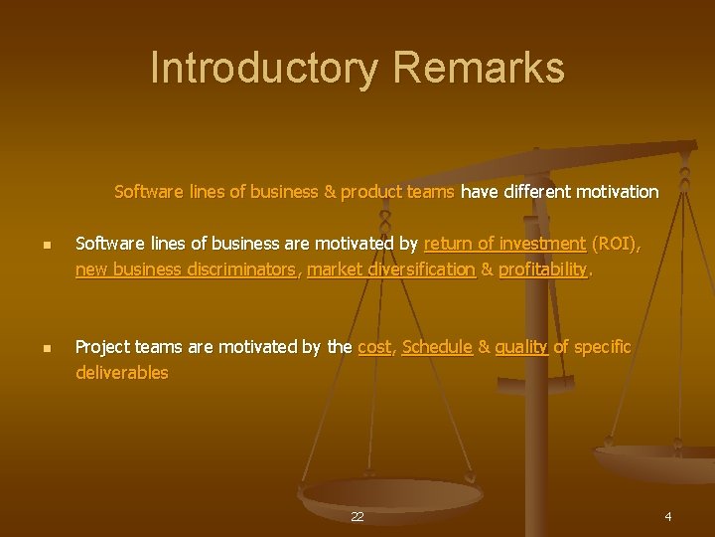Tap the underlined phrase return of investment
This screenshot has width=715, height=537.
[x=504, y=244]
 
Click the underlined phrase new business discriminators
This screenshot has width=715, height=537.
[x=186, y=269]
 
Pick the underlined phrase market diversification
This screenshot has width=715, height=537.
[x=391, y=269]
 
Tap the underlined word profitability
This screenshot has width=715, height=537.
[x=543, y=269]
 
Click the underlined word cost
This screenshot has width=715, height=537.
[x=373, y=347]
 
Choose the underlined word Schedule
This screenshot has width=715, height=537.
[x=436, y=347]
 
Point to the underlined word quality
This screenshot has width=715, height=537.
[x=520, y=347]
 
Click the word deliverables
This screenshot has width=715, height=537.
[x=122, y=373]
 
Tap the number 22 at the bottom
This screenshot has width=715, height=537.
[x=357, y=517]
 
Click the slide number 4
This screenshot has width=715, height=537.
[x=668, y=516]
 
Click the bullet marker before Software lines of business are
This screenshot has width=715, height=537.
[x=34, y=246]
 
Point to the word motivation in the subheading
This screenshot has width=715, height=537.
[x=621, y=191]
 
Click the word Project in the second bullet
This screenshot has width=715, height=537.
[x=103, y=347]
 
